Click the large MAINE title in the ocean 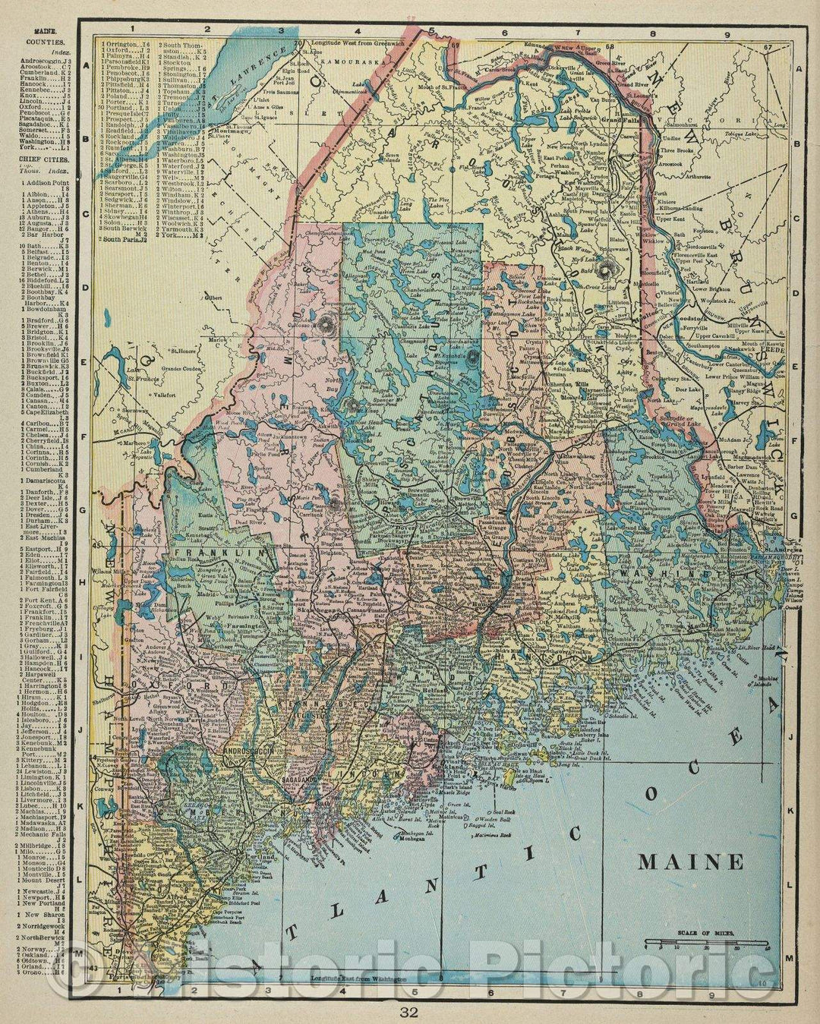(x=691, y=862)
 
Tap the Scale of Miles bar (x=706, y=944)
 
